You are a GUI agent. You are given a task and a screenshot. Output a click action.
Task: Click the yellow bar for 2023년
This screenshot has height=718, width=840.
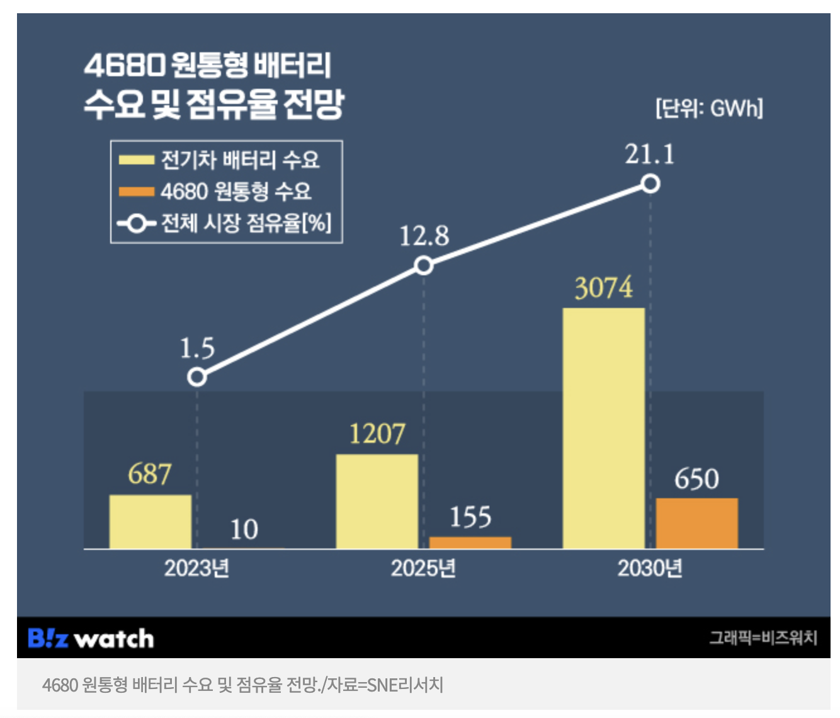point(150,521)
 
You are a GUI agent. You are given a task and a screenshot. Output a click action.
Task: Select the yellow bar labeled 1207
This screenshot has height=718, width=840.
point(377,501)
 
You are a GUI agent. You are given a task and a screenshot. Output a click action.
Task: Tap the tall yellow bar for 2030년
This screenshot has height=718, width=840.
point(603,428)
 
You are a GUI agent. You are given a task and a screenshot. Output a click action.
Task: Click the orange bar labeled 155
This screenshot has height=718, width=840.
point(470,542)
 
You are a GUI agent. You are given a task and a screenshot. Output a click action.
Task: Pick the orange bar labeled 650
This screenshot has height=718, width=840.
point(696,523)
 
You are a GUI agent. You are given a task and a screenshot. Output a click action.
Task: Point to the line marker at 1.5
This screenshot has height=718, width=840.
point(197,377)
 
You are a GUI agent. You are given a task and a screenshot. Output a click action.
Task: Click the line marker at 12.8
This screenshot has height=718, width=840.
point(424,266)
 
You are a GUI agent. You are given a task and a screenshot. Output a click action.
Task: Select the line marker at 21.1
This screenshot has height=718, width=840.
point(650,184)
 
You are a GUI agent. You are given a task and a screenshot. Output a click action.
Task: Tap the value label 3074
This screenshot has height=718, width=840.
point(603,288)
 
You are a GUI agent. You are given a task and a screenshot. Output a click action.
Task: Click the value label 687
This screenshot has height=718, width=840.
point(150,474)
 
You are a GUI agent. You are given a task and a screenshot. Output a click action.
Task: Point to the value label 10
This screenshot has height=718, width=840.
point(244,530)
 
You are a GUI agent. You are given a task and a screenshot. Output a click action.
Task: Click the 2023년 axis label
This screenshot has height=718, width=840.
point(196,569)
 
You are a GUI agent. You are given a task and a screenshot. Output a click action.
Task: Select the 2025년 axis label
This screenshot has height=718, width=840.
point(423,569)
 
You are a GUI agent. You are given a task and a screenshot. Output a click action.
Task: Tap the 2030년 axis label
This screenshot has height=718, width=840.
point(650,569)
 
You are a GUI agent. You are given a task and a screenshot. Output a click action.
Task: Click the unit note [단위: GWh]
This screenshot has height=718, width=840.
point(709,108)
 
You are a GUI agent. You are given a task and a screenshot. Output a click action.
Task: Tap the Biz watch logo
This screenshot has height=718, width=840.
point(91,639)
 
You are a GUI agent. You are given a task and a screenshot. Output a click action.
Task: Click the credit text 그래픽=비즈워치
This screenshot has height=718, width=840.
point(763,638)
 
